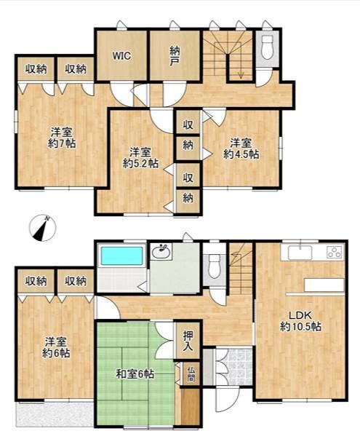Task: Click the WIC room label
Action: (121, 55)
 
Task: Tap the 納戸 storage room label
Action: (174, 57)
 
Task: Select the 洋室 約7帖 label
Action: (62, 138)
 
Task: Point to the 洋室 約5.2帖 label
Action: (140, 158)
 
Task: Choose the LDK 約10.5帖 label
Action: (301, 321)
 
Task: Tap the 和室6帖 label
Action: (135, 373)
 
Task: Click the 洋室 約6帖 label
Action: (56, 347)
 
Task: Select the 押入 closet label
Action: (188, 341)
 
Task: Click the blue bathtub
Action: (122, 256)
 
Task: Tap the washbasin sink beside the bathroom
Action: (161, 251)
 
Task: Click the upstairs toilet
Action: (267, 47)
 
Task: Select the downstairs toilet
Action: (215, 266)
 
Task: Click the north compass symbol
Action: (42, 228)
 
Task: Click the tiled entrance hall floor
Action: (234, 366)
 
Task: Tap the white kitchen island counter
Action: (324, 285)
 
